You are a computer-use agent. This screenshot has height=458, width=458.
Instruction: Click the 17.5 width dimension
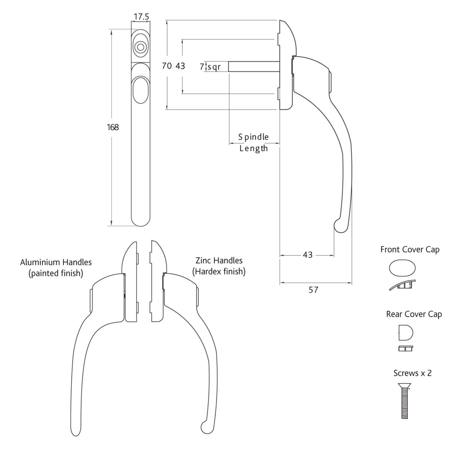click(x=141, y=17)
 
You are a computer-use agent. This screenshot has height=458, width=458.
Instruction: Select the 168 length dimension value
click(x=113, y=127)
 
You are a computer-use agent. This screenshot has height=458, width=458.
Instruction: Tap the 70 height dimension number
click(x=167, y=66)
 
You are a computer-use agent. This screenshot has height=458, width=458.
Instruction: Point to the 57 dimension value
click(x=313, y=290)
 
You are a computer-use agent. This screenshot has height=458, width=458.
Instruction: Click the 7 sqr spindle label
click(x=210, y=67)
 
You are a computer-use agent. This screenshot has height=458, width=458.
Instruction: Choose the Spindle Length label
click(x=254, y=143)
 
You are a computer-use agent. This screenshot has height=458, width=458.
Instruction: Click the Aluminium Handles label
click(x=56, y=262)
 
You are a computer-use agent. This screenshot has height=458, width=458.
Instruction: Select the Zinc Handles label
click(x=219, y=260)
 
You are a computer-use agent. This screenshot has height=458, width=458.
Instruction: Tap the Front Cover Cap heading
click(x=410, y=250)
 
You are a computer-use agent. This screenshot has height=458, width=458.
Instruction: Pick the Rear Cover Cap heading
click(x=414, y=314)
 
